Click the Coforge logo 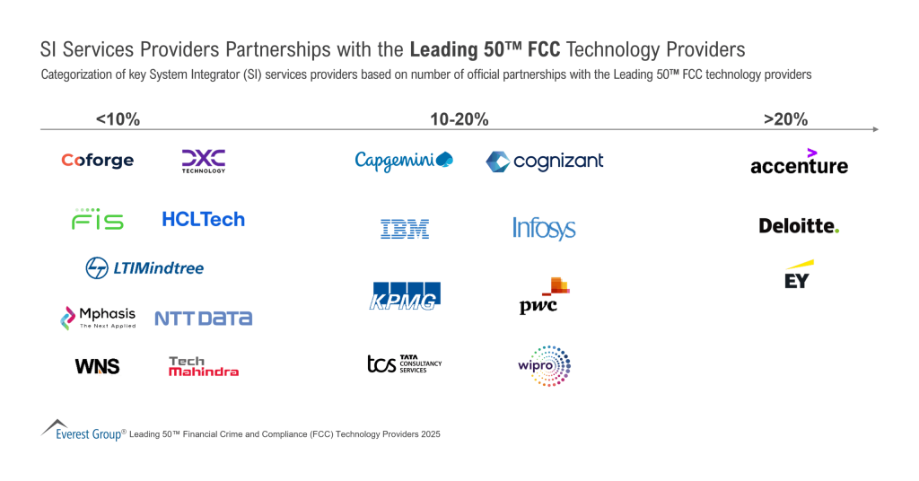click(x=97, y=161)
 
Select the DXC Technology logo click(x=204, y=161)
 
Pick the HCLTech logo click(x=203, y=219)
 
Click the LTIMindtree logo click(x=144, y=267)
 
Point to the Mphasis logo click(x=98, y=317)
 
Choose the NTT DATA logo click(x=203, y=318)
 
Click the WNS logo click(x=97, y=366)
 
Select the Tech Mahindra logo click(x=204, y=366)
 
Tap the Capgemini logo click(x=404, y=161)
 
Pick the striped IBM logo click(x=405, y=229)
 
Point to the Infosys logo click(x=544, y=228)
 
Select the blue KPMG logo click(x=406, y=296)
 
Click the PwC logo click(x=545, y=296)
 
